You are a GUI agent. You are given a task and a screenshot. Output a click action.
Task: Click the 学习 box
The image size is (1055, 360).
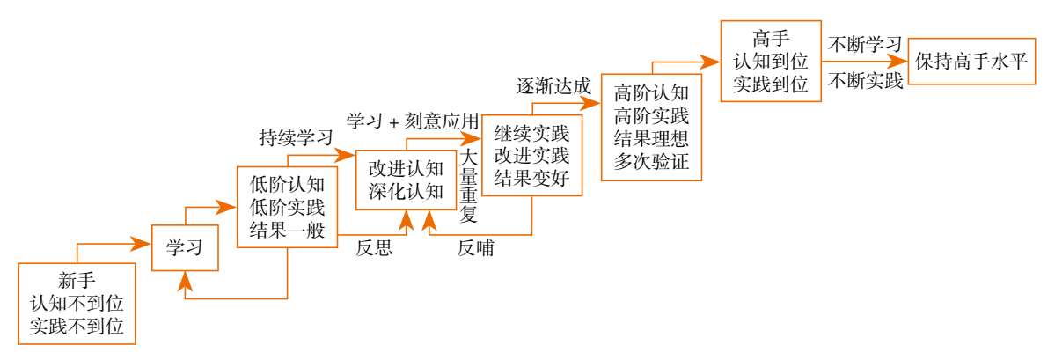click(x=184, y=248)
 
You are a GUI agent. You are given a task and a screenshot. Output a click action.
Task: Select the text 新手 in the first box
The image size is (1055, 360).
click(x=77, y=283)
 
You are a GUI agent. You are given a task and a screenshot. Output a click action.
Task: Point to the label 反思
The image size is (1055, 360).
click(x=374, y=249)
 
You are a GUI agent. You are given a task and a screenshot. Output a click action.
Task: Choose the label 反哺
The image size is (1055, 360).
click(x=475, y=249)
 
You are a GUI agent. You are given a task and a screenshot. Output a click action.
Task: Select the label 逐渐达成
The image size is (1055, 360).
click(x=553, y=85)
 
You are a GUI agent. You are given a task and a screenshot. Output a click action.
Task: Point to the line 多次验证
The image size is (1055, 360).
click(x=651, y=160)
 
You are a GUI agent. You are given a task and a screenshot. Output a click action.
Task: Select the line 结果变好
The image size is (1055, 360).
click(x=532, y=180)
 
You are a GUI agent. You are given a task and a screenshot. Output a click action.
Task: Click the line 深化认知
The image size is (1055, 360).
click(x=406, y=191)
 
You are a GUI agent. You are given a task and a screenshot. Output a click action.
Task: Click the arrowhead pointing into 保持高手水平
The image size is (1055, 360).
click(x=898, y=62)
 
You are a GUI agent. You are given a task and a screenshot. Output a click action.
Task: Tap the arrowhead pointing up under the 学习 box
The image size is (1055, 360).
click(x=185, y=279)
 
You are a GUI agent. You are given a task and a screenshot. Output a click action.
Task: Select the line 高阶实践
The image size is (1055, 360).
click(x=651, y=114)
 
